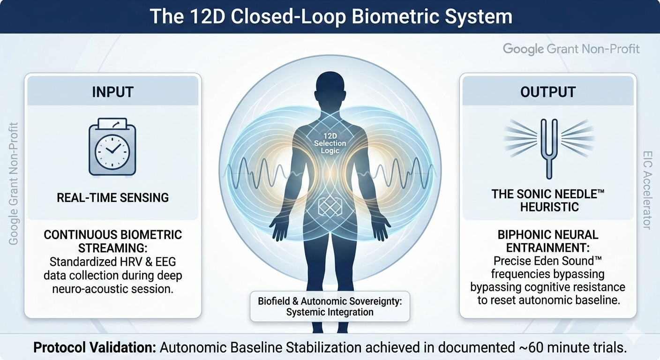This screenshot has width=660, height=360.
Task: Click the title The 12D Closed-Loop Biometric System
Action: [330, 16]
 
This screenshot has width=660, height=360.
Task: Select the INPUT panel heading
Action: [112, 91]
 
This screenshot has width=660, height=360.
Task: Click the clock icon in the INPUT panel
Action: [112, 147]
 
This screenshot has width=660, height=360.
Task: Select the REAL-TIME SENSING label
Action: [112, 198]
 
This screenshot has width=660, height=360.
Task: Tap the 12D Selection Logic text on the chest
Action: [330, 143]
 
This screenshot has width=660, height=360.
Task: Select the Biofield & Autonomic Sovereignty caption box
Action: [330, 307]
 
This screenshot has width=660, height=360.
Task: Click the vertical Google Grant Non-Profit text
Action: [14, 183]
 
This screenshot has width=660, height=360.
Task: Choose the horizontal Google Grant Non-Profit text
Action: [571, 49]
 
